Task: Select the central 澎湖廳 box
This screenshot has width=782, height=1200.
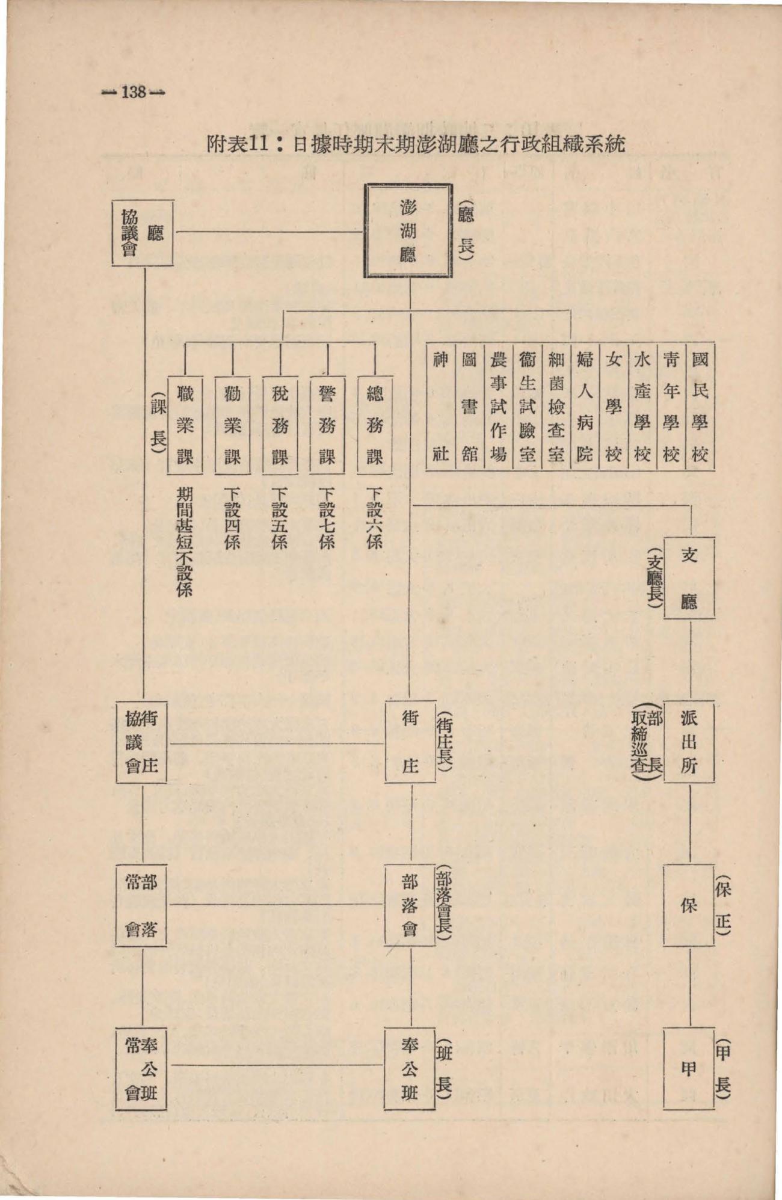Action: pos(408,230)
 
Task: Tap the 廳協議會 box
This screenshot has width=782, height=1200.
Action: pos(143,233)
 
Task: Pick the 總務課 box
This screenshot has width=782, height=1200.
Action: pos(375,425)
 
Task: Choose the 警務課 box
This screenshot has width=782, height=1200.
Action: pos(327,425)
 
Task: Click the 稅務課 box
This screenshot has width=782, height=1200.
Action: pos(280,425)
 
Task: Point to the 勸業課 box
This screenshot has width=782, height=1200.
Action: pos(232,425)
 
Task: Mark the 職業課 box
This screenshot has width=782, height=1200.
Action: pos(185,425)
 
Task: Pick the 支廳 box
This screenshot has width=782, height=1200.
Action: pos(689,578)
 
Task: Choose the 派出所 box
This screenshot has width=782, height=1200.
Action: pos(689,741)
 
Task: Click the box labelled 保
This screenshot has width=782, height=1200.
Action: pos(689,905)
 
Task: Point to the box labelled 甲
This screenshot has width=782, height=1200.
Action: pos(689,1068)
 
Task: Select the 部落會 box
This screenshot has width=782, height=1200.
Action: pos(410,905)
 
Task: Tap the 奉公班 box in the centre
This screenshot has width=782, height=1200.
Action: pos(410,1068)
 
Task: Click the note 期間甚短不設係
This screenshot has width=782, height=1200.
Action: pos(184,541)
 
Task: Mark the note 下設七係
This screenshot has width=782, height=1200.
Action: pos(327,518)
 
